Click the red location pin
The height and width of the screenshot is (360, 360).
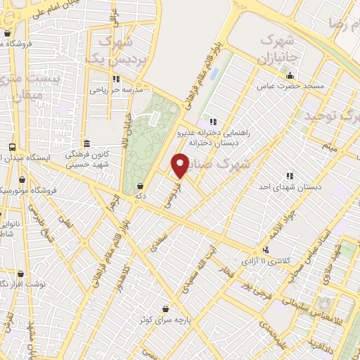[180, 165]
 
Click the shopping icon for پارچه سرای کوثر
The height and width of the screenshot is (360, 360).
[165, 309]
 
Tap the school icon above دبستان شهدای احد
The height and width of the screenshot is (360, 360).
[288, 176]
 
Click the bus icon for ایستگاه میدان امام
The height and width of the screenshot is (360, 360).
[12, 148]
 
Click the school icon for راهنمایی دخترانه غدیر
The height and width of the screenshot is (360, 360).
[213, 122]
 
